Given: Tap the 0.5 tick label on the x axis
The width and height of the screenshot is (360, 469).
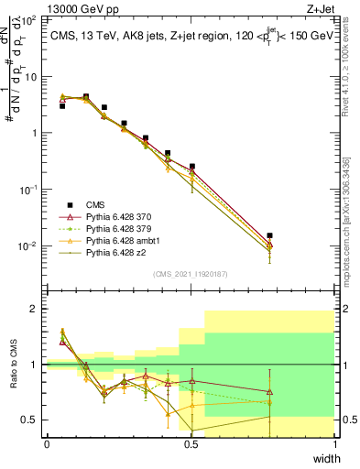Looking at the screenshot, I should (191, 444).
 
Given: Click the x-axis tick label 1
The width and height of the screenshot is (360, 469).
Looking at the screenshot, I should (335, 444).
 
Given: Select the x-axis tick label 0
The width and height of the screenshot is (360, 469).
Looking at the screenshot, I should (47, 444).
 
